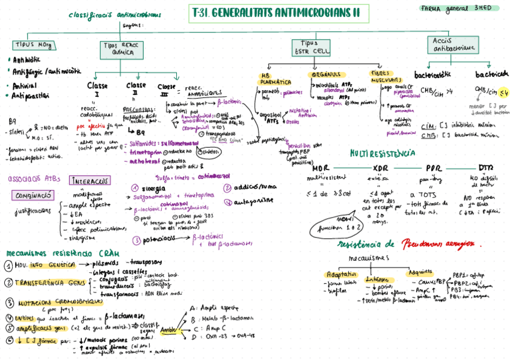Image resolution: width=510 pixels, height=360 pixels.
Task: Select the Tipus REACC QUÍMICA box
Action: point(118,49)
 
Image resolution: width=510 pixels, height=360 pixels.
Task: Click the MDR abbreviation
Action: point(321,168)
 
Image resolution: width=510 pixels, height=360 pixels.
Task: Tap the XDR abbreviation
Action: point(381,168)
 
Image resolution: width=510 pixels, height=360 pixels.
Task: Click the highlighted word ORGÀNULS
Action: point(327,75)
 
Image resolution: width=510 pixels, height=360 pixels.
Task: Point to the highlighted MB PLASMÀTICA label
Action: point(275,79)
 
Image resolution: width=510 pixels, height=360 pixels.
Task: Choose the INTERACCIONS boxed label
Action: point(90,180)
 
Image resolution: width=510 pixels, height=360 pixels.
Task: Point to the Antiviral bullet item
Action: point(26,86)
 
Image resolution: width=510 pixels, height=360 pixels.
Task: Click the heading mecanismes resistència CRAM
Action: point(59,252)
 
